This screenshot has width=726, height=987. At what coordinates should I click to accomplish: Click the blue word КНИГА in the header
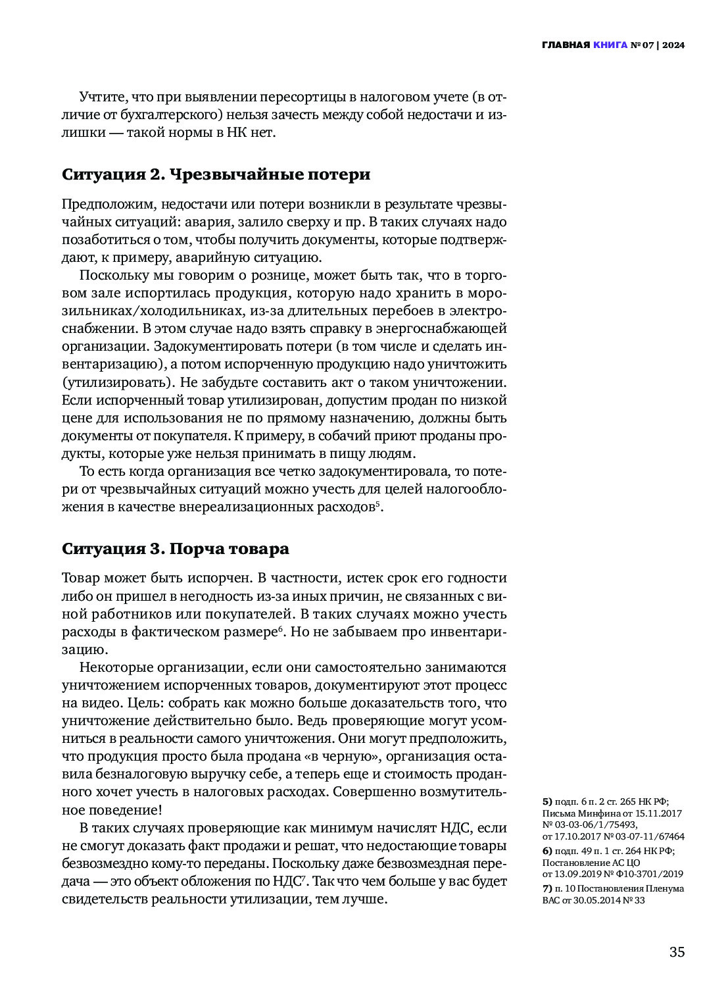click(610, 45)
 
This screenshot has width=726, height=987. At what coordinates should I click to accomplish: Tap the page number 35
click(677, 952)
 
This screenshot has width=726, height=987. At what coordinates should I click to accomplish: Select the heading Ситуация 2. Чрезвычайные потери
click(216, 174)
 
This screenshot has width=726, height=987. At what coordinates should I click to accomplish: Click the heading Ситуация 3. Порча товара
click(175, 549)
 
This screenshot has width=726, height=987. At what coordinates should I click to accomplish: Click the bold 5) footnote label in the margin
click(547, 801)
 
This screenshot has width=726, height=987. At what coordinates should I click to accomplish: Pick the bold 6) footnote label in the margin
click(547, 851)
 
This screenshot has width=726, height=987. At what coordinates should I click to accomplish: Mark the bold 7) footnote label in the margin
click(547, 888)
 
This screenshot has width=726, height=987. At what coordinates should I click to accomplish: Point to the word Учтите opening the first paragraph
click(103, 97)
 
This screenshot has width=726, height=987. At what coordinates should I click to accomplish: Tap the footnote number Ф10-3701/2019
click(652, 874)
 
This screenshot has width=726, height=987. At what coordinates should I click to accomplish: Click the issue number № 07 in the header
click(643, 45)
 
